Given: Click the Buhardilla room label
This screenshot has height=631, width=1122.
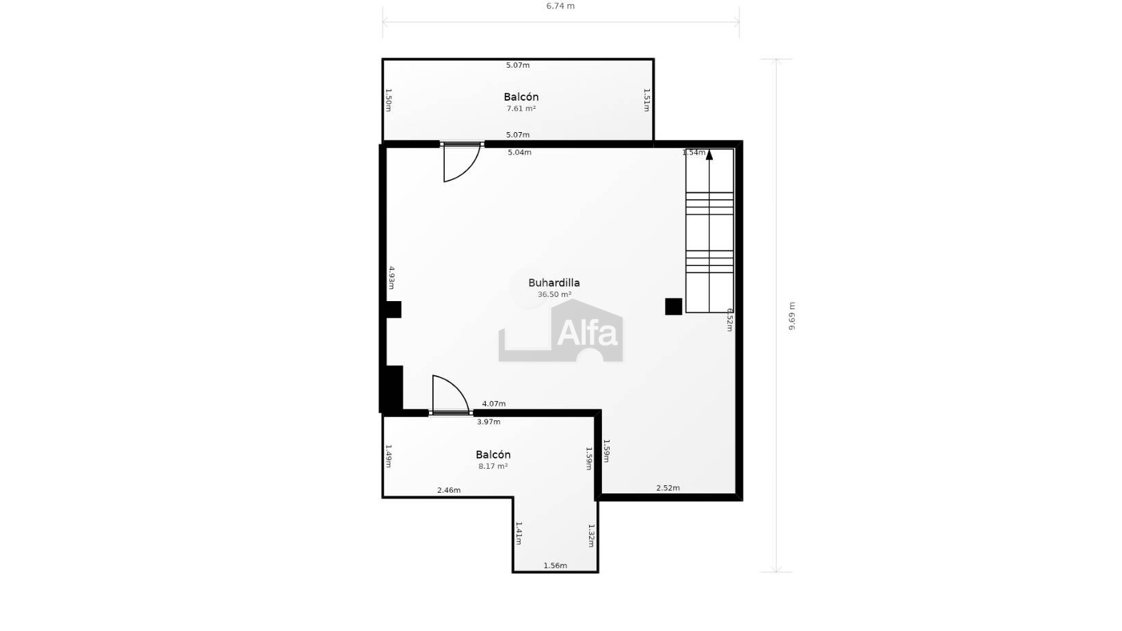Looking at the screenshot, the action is coord(554,283).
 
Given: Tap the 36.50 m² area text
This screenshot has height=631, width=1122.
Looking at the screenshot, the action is coord(554,295).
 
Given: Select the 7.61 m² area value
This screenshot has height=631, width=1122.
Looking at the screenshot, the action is coord(521,108).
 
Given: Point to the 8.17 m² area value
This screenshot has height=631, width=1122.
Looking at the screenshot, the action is coord(493,466).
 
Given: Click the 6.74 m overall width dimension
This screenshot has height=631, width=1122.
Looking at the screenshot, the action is coord(560,6).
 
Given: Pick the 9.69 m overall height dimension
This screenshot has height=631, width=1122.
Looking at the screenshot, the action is coord(792,315).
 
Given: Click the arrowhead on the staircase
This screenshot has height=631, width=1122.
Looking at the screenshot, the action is coord(709,155).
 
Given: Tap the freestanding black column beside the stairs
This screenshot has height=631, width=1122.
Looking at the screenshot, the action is coord(673,307).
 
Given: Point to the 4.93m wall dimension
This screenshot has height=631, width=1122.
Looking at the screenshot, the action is coord(392,278).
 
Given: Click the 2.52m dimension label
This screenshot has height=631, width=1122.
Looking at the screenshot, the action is coord(668,488).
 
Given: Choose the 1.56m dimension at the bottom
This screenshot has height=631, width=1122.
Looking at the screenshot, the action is coord(555,566).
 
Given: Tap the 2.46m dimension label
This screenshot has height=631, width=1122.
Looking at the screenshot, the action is coord(449,490).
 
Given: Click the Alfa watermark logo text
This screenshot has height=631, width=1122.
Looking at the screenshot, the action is coord(587,333).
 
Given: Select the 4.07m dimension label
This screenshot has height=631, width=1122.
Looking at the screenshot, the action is coord(494,404).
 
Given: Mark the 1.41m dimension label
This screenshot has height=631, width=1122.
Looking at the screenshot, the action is coord(519,533).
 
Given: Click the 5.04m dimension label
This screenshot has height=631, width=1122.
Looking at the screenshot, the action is coord(519,153).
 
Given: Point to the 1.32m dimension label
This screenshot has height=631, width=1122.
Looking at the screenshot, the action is coord(591,536).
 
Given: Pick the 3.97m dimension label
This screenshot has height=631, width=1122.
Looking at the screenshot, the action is coord(488,422).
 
